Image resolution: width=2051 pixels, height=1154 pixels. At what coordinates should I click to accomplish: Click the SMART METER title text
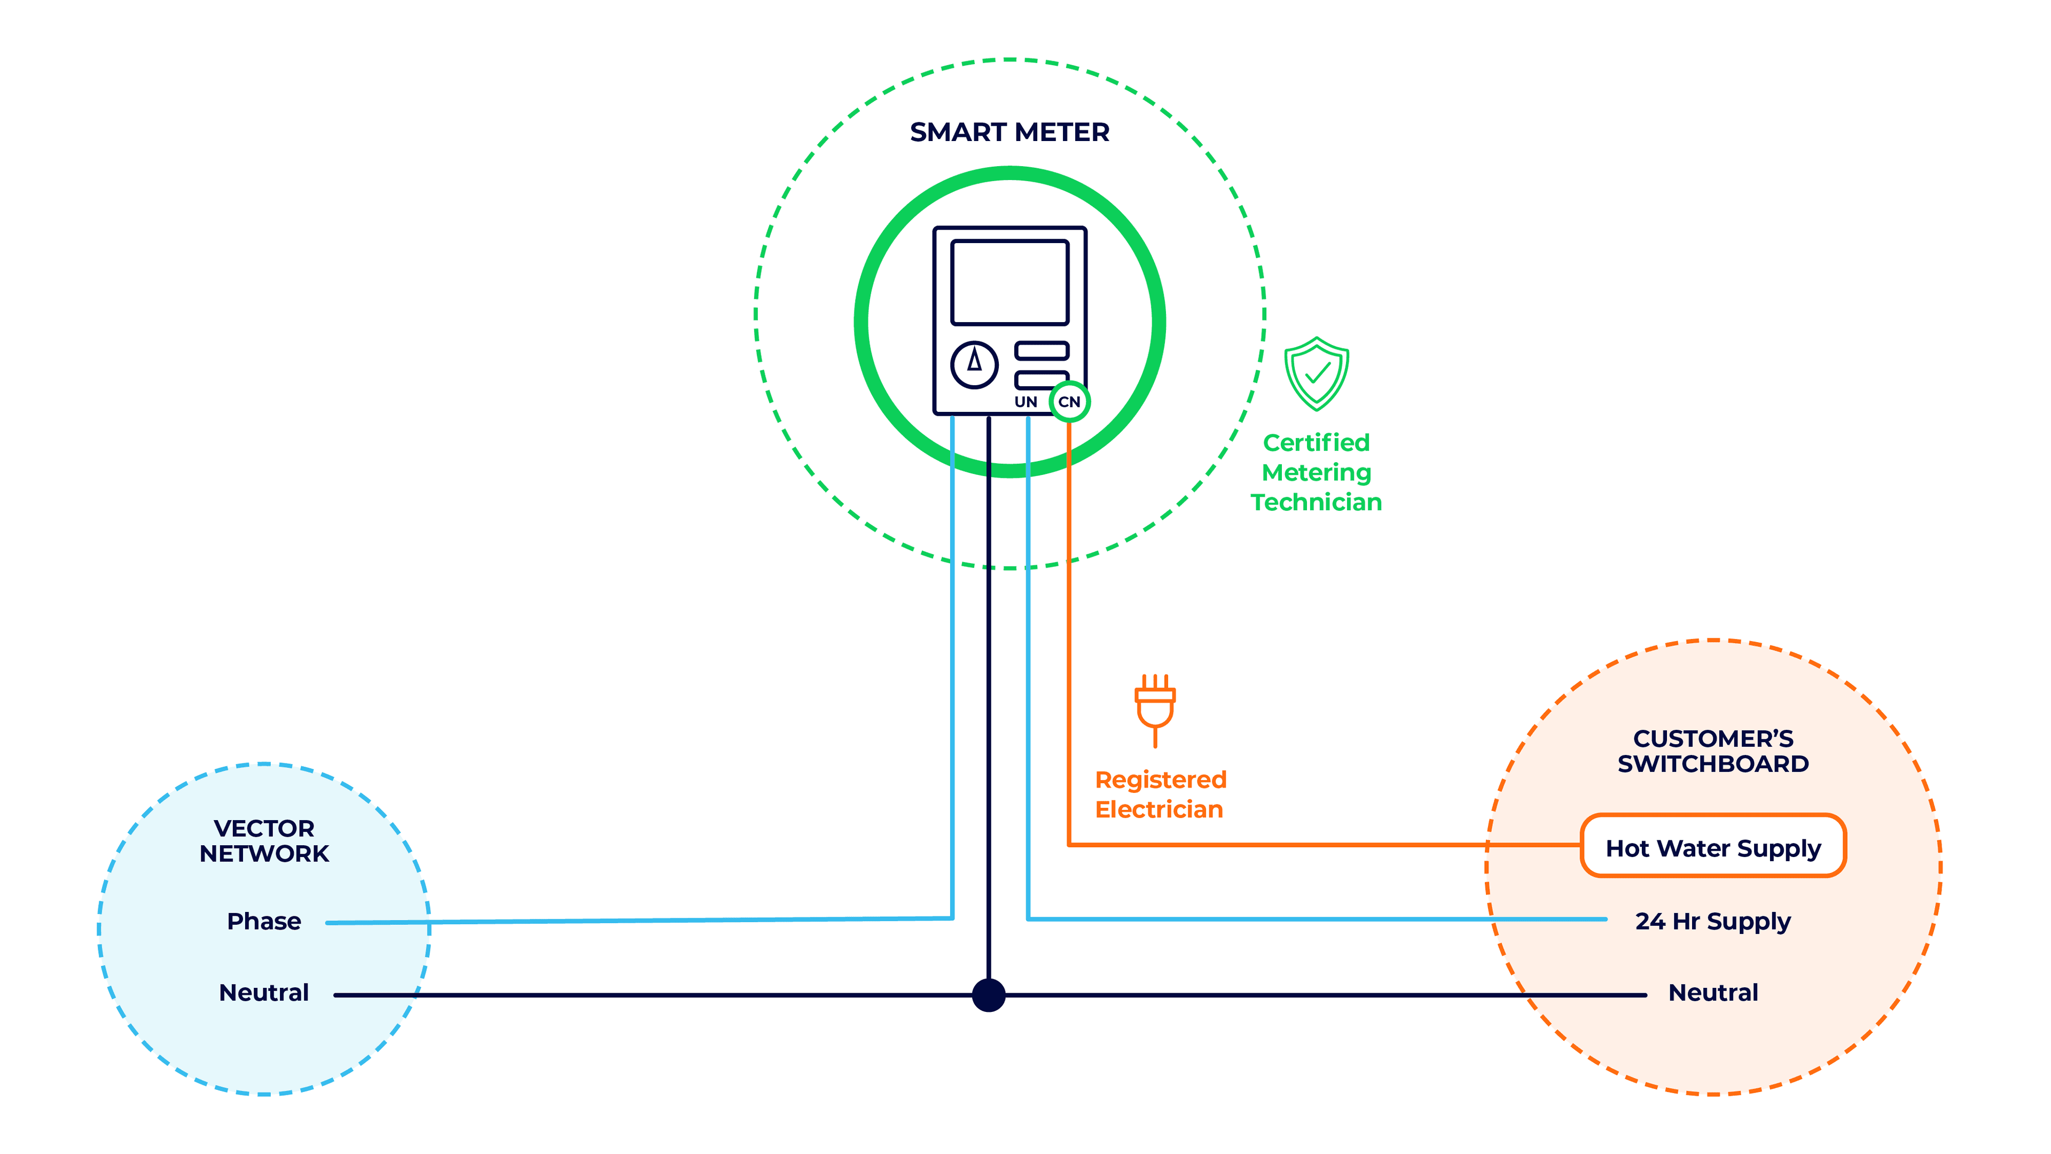coord(1009,132)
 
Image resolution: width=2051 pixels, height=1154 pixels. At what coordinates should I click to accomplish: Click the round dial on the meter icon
coord(974,365)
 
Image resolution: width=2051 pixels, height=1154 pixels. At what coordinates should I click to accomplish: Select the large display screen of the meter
coord(1009,282)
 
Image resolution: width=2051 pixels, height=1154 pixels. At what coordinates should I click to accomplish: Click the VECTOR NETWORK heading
coord(263,840)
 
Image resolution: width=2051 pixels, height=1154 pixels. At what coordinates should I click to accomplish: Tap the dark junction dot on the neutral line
coord(988,995)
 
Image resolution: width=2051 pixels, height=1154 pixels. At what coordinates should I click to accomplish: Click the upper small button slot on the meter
coord(1040,350)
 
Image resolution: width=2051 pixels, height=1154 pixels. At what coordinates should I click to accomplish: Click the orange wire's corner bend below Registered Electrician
coord(1069,844)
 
